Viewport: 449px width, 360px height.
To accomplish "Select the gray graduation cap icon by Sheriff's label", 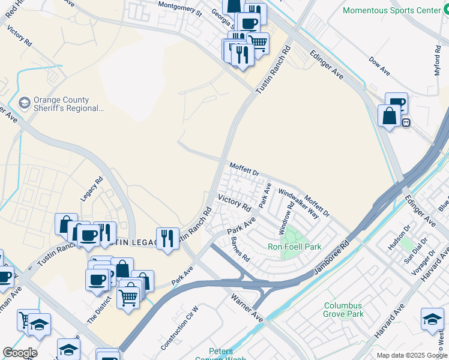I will (x=25, y=104).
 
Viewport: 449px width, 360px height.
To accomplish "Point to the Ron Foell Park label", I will (x=294, y=247).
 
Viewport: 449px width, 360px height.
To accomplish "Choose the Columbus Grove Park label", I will (x=343, y=310).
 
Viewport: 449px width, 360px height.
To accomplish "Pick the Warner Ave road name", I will (x=249, y=307).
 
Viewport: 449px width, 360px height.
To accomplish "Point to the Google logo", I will (x=20, y=353).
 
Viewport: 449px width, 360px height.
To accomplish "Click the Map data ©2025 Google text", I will (x=412, y=355).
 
